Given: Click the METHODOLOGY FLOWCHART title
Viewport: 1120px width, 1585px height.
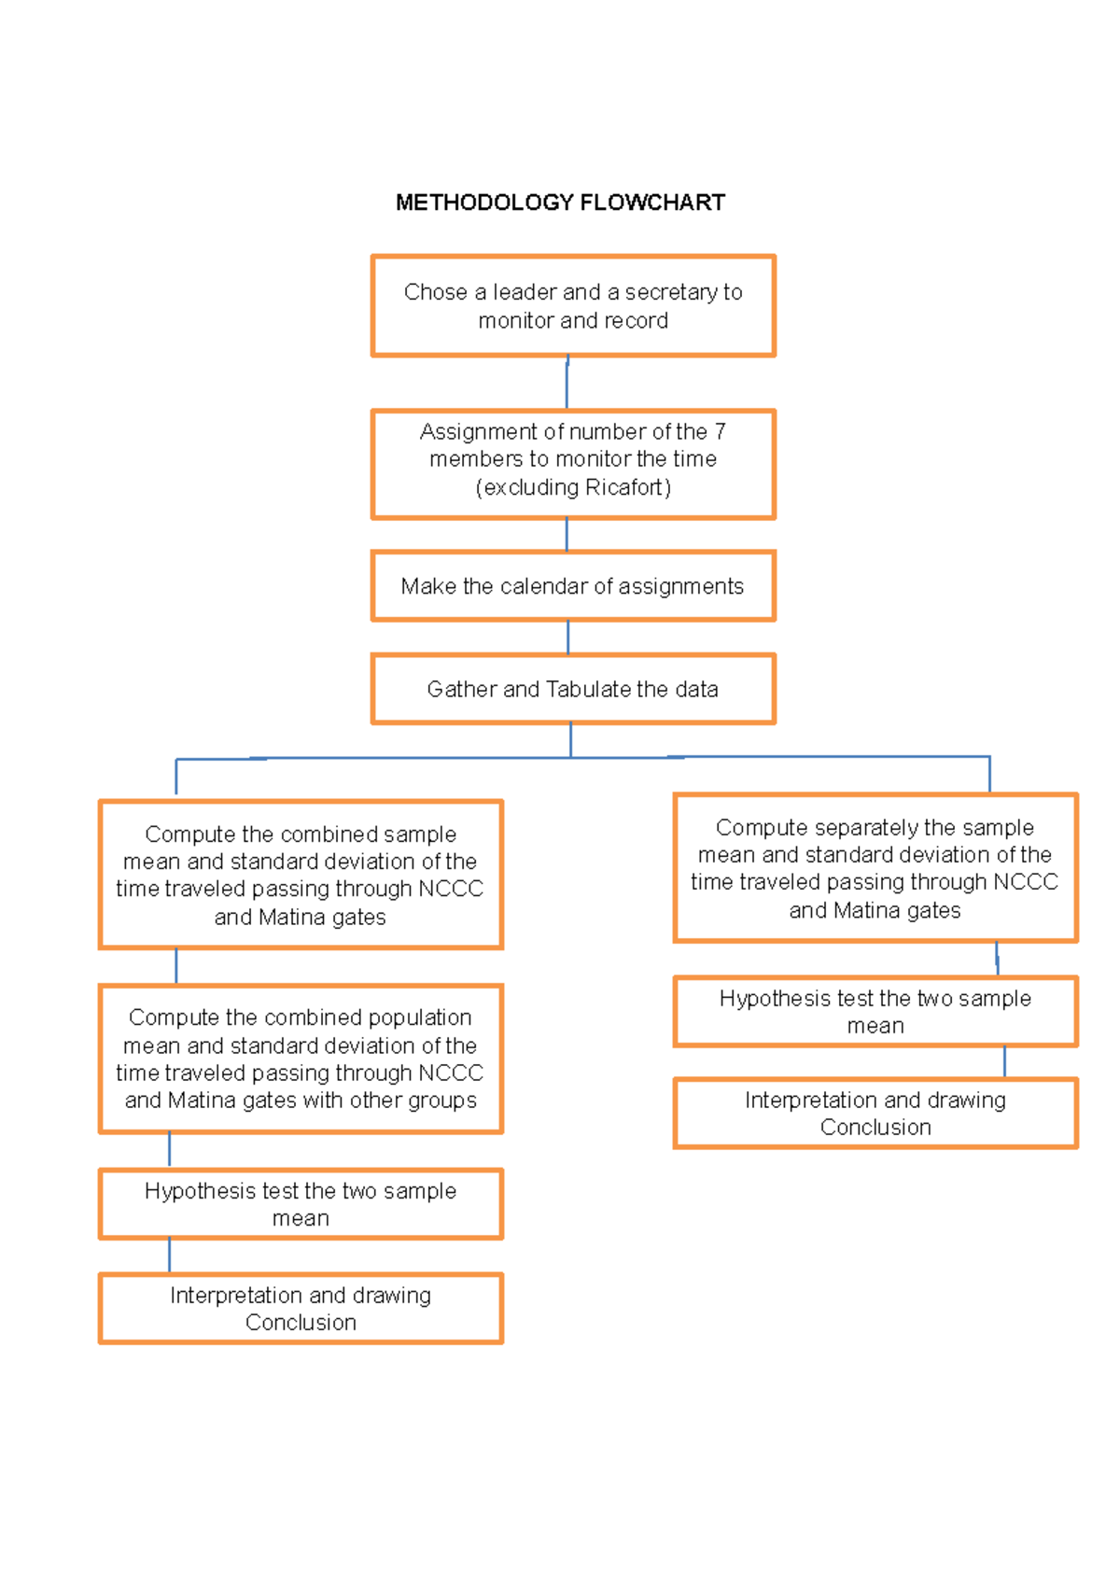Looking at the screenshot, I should click(x=560, y=203).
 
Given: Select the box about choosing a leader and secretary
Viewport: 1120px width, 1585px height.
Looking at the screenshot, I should click(x=573, y=306).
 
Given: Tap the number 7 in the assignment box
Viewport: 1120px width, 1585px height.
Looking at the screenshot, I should click(x=720, y=431).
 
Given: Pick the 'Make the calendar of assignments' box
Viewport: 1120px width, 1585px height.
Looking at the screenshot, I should click(x=573, y=586).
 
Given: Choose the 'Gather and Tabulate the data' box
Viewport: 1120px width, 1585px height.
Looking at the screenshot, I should click(x=573, y=690).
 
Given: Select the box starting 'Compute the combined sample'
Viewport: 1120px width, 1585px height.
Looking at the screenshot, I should click(x=301, y=875).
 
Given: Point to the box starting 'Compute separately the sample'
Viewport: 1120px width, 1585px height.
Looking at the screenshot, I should click(x=875, y=868).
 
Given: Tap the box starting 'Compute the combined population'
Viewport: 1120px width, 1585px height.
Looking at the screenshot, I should click(x=301, y=1059).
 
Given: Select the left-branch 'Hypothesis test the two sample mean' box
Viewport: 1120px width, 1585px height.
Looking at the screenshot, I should click(x=301, y=1204).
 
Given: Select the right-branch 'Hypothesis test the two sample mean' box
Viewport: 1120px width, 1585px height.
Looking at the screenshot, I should click(x=875, y=1012).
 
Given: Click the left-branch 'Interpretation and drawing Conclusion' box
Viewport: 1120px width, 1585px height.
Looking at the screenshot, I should click(x=301, y=1309).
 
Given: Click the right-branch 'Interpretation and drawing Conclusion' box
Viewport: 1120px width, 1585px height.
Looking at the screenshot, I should click(x=875, y=1114).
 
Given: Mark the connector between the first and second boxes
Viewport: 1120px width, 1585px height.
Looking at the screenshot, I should click(x=567, y=384).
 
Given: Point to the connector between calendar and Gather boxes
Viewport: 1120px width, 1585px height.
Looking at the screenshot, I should click(x=568, y=638).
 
